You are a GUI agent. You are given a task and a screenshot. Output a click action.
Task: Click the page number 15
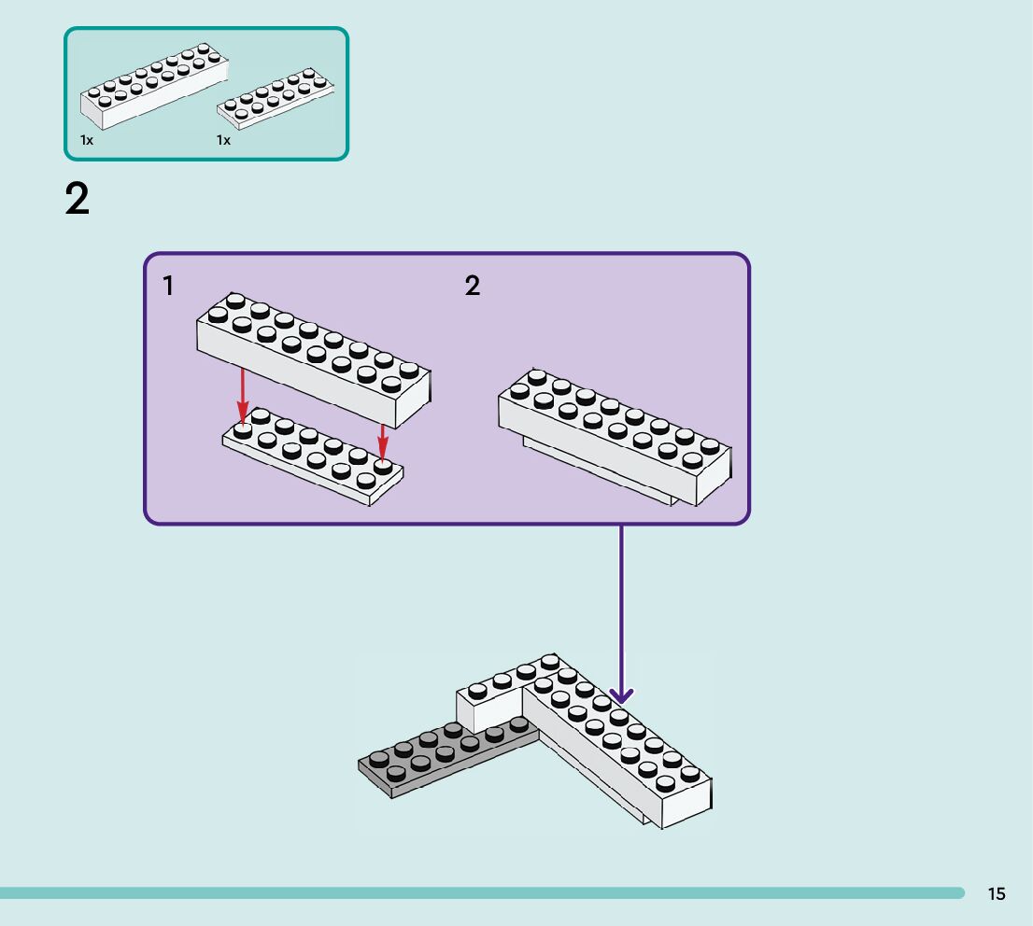click(996, 893)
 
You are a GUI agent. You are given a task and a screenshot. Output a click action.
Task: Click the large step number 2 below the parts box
click(78, 198)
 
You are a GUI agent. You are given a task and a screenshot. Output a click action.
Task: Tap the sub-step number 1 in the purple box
click(168, 286)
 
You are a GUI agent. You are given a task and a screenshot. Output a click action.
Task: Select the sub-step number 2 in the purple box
click(473, 286)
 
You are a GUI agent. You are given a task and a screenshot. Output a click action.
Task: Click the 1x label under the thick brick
click(87, 140)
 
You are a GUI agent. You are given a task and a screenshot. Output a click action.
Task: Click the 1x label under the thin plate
click(223, 140)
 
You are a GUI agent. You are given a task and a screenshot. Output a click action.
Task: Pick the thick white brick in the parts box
click(155, 86)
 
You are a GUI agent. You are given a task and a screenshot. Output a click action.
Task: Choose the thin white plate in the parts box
click(276, 97)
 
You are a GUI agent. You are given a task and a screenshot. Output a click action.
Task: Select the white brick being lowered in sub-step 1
click(314, 360)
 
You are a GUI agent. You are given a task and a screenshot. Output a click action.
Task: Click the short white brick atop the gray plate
click(507, 692)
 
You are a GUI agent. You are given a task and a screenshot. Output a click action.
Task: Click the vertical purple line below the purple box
click(620, 610)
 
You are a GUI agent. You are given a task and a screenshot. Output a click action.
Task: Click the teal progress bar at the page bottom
click(482, 893)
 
